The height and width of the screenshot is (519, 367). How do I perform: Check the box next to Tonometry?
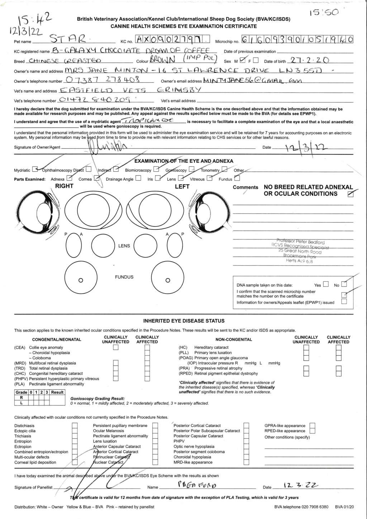[x=224, y=169]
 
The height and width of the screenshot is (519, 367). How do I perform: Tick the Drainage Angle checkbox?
[x=138, y=178]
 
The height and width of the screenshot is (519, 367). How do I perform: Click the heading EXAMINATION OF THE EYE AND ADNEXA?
[x=183, y=161]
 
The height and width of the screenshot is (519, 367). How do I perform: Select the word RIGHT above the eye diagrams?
[x=64, y=186]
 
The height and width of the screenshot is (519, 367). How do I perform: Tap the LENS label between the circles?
[x=124, y=246]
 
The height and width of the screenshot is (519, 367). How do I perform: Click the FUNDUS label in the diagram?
[x=124, y=277]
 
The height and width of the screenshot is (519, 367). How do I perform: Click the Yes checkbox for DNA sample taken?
[x=325, y=285]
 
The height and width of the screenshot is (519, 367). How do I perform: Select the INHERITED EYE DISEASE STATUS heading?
[x=183, y=321]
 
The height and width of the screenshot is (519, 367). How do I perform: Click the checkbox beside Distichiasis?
[x=75, y=426]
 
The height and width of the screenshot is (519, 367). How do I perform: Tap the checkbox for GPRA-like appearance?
[x=312, y=426]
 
